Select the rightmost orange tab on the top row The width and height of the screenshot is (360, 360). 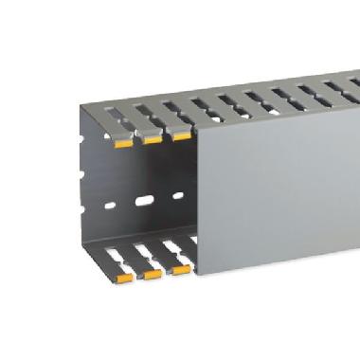tap(180, 135)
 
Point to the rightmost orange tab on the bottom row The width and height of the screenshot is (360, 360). tap(180, 269)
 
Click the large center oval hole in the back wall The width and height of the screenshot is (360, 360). tap(144, 202)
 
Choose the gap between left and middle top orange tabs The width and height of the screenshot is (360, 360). tap(136, 142)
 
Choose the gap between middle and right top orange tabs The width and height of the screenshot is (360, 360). tap(166, 136)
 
